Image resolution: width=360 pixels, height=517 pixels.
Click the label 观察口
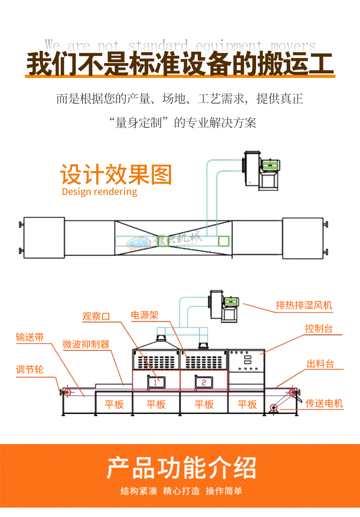pos(96,317)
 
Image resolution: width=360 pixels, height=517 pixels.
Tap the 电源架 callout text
pos(144,315)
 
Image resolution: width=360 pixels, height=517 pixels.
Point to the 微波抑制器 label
pos(86,345)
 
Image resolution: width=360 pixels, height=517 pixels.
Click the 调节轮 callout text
pos(30,370)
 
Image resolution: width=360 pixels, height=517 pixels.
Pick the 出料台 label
pos(320,364)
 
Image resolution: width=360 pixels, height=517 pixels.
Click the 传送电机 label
pos(324,403)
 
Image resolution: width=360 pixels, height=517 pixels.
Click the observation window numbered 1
pos(155,382)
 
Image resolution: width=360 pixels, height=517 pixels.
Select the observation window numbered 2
pos(204,382)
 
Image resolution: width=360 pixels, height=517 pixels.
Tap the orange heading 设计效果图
pos(116,175)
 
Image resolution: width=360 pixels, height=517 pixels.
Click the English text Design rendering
pos(99,192)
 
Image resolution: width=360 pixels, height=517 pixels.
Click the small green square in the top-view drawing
pos(224,240)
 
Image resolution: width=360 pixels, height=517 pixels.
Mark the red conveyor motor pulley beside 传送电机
pos(273,408)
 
